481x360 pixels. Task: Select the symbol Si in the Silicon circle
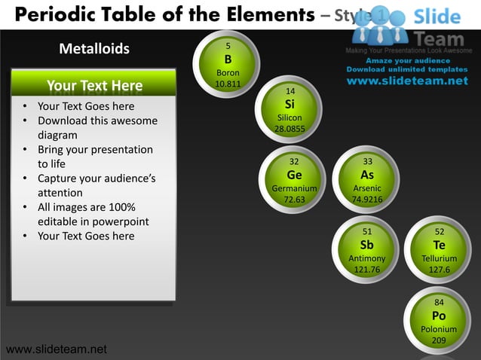click(x=290, y=105)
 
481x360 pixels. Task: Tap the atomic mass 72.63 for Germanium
click(x=294, y=200)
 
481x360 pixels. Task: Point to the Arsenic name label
click(x=367, y=188)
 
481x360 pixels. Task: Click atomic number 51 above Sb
click(x=367, y=232)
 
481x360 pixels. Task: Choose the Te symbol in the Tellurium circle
click(x=440, y=245)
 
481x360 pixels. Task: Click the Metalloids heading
click(x=94, y=50)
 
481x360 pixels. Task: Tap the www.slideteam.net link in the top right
click(x=407, y=81)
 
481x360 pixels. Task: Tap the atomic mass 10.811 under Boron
click(x=228, y=84)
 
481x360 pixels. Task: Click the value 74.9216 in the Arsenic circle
click(x=367, y=200)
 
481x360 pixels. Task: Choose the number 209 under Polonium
click(x=439, y=341)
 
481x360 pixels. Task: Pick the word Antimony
click(x=367, y=258)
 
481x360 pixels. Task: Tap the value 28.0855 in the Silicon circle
click(x=290, y=130)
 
